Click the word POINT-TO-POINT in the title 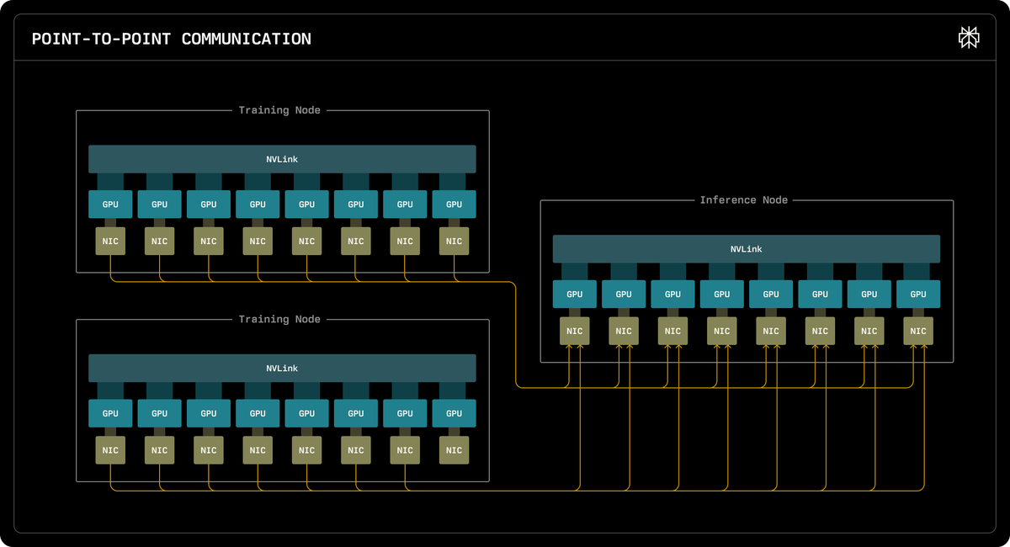click(102, 40)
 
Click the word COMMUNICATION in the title click(246, 40)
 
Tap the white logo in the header click(969, 37)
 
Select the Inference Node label click(743, 199)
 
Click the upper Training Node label click(279, 110)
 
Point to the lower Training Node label click(279, 319)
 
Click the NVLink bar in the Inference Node click(747, 249)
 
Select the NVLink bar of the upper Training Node click(282, 159)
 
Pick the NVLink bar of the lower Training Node click(282, 369)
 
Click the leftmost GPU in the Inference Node click(574, 294)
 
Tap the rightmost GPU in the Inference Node click(918, 294)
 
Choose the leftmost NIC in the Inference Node click(574, 331)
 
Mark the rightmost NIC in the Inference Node click(918, 331)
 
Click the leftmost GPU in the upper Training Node click(110, 204)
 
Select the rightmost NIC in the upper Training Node click(454, 242)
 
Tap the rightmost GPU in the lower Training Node click(454, 413)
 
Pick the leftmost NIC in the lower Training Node click(110, 450)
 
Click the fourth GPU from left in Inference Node click(722, 294)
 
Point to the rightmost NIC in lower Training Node click(454, 450)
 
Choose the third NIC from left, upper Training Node click(209, 242)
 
